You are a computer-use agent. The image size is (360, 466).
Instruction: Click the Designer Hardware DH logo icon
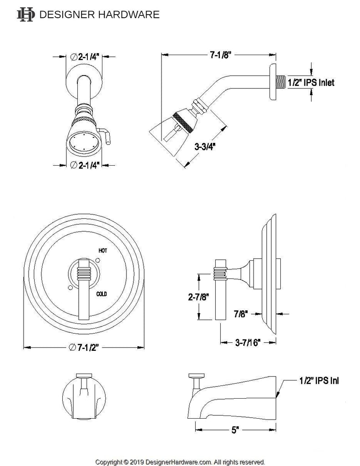(x=25, y=15)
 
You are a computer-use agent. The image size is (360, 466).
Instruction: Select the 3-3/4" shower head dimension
(x=204, y=147)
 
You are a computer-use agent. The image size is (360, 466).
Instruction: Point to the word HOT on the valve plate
(x=103, y=251)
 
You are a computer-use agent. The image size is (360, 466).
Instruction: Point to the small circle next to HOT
(x=97, y=260)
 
